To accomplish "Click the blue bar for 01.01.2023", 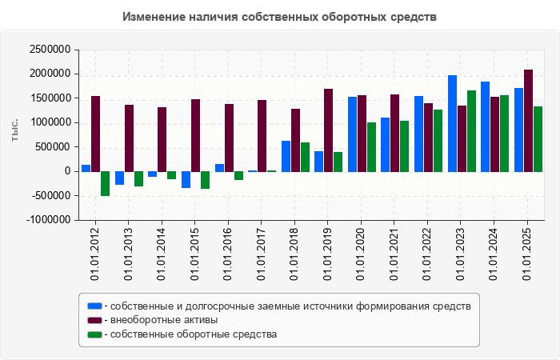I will point(452,123).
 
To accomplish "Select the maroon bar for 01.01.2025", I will point(528,120).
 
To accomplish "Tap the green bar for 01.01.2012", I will point(105,183).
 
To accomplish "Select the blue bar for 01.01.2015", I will point(186,179).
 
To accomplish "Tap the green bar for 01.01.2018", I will point(305,157).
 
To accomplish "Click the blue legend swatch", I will point(94,306).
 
